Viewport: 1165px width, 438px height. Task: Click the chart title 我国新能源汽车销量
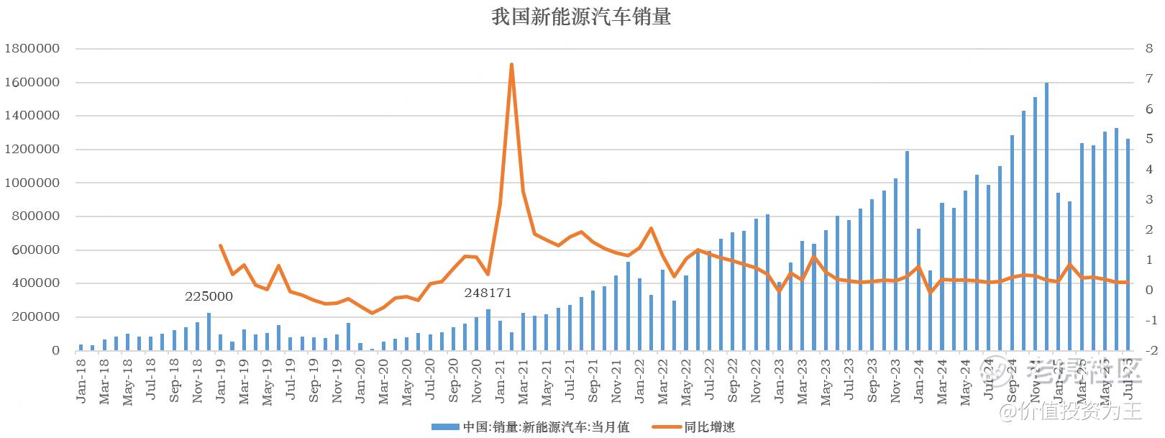pyautogui.click(x=581, y=17)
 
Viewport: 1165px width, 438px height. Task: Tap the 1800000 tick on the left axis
pyautogui.click(x=32, y=49)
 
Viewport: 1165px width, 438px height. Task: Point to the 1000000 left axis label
pyautogui.click(x=32, y=183)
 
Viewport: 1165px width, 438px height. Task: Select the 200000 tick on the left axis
pyautogui.click(x=35, y=317)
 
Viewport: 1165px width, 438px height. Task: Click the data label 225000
pyautogui.click(x=209, y=296)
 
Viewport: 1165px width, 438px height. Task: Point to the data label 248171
pyautogui.click(x=488, y=293)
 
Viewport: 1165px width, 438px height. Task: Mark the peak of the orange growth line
pyautogui.click(x=511, y=65)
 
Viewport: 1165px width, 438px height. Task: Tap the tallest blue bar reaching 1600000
pyautogui.click(x=1046, y=216)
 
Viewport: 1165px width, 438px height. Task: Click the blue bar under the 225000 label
pyautogui.click(x=209, y=332)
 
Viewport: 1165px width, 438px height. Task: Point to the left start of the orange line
pyautogui.click(x=221, y=246)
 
